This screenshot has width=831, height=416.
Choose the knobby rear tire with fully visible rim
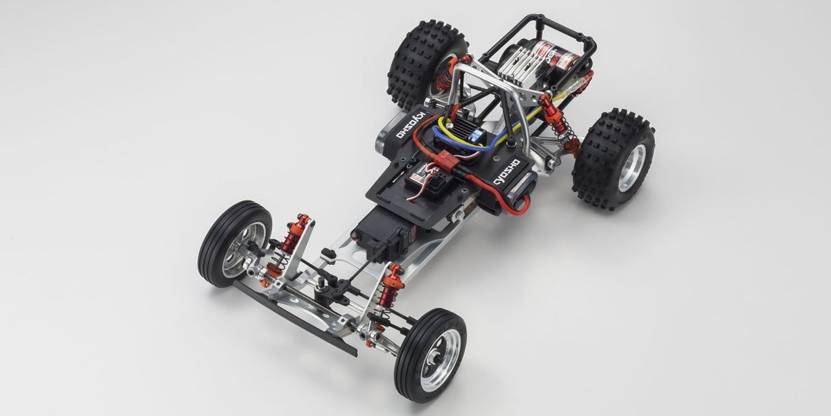pyautogui.click(x=614, y=159)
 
